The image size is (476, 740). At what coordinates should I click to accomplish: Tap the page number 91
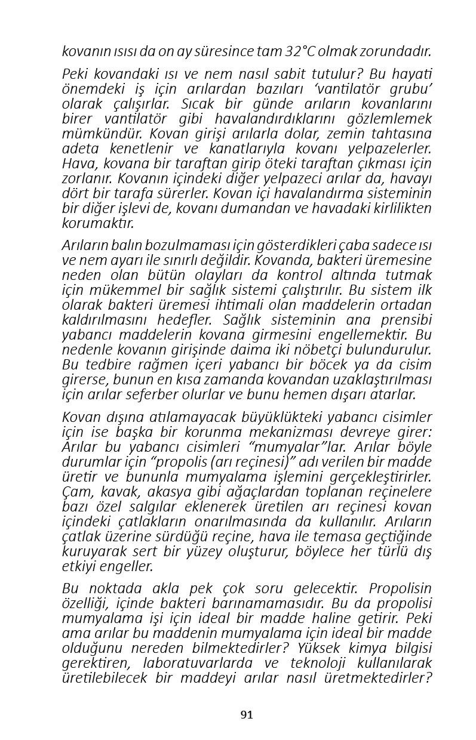pos(247,715)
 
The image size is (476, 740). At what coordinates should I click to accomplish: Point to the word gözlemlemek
pos(392,118)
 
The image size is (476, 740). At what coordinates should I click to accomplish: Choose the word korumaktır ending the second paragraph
pos(99,223)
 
